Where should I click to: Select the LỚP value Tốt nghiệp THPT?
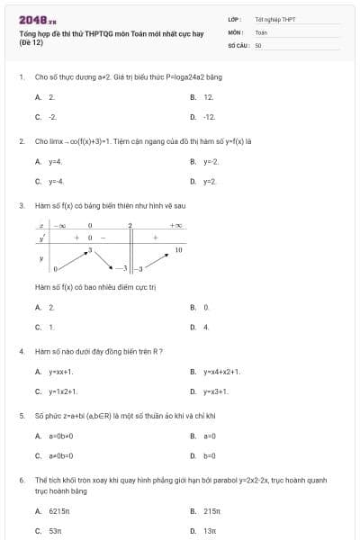click(x=274, y=19)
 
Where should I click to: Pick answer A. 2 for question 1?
click(x=46, y=96)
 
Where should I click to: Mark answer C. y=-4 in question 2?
click(x=49, y=182)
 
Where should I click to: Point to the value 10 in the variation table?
click(x=178, y=248)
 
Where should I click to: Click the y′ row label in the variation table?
click(x=41, y=238)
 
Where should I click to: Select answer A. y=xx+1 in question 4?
click(x=54, y=371)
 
